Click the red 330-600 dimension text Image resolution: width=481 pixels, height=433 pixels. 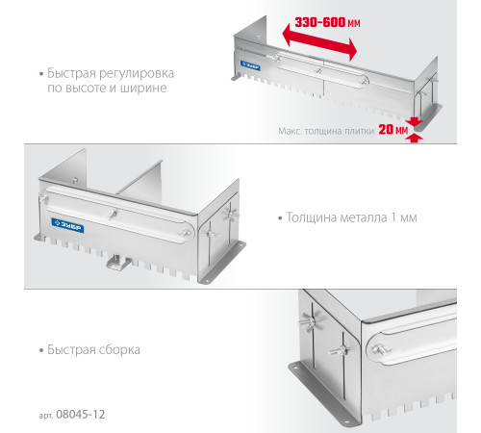pyautogui.click(x=327, y=22)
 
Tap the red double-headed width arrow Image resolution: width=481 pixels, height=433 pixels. pyautogui.click(x=319, y=41)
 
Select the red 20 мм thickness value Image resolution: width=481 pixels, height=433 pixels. pyautogui.click(x=393, y=129)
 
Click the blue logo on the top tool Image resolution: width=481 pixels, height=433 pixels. pyautogui.click(x=250, y=65)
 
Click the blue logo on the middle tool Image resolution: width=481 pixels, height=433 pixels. pyautogui.click(x=67, y=225)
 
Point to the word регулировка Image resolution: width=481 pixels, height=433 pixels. pyautogui.click(x=137, y=74)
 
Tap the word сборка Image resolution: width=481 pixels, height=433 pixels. pyautogui.click(x=119, y=349)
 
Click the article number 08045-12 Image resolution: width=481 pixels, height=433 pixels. pyautogui.click(x=80, y=415)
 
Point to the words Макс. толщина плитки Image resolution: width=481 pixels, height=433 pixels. pyautogui.click(x=326, y=131)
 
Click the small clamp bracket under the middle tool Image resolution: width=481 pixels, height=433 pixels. pyautogui.click(x=119, y=262)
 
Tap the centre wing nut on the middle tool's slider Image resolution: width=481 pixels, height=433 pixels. pyautogui.click(x=113, y=215)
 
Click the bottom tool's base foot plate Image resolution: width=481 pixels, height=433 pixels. pyautogui.click(x=324, y=392)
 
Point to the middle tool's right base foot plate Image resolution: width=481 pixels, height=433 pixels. pyautogui.click(x=222, y=263)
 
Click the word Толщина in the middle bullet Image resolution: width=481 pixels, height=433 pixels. pyautogui.click(x=311, y=217)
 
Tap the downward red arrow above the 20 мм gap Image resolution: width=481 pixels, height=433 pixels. pyautogui.click(x=414, y=121)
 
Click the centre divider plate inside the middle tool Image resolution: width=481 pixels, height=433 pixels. pyautogui.click(x=141, y=181)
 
